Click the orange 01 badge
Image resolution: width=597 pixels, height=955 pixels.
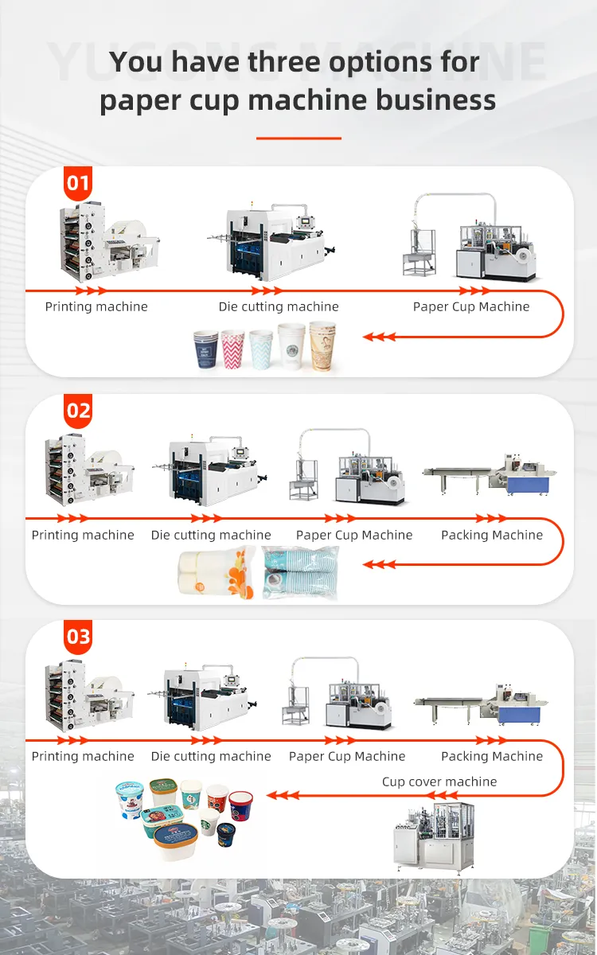[x=78, y=184]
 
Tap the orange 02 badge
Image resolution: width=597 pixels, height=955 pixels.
[x=78, y=411]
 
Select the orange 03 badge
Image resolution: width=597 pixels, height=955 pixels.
[x=78, y=637]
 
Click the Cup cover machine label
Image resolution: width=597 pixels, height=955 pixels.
[x=439, y=782]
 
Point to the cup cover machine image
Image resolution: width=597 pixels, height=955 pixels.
[x=433, y=836]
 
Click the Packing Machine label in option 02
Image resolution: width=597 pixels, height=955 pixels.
[x=492, y=535]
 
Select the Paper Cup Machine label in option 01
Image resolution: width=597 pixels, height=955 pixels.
[x=471, y=306]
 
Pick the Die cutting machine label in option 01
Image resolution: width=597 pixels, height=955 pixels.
[x=279, y=306]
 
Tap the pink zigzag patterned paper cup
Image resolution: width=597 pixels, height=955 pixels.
[x=232, y=349]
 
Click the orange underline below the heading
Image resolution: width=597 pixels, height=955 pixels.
[x=298, y=138]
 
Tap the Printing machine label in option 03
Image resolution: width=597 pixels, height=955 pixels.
[x=83, y=756]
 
